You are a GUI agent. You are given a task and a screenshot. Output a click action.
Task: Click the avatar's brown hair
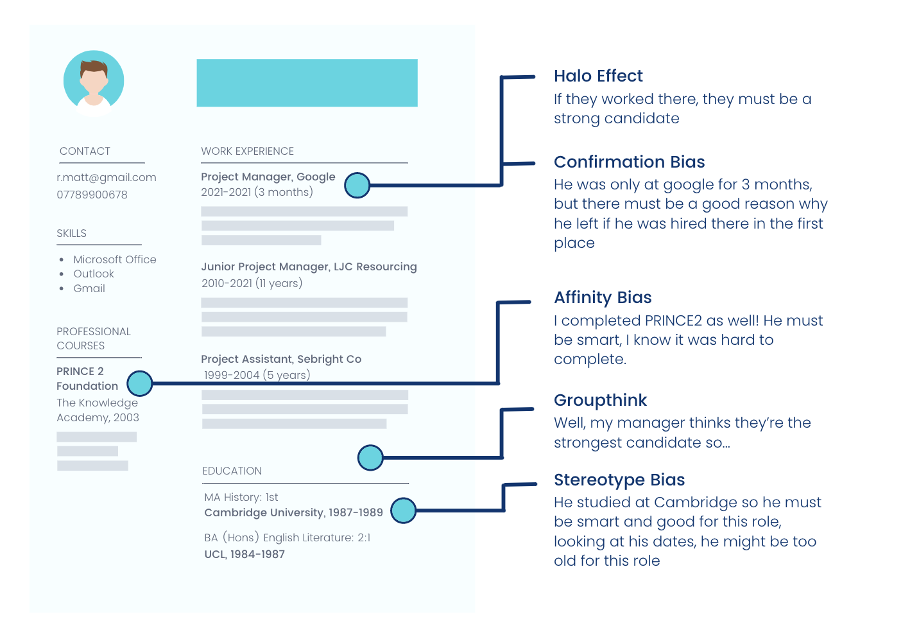pos(94,67)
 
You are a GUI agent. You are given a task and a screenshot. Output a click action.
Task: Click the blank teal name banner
pos(307,83)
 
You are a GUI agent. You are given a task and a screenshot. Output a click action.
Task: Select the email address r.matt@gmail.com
pos(107,177)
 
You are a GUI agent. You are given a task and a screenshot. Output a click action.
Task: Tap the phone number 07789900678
pos(92,195)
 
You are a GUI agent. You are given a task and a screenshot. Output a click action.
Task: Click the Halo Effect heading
pos(598,76)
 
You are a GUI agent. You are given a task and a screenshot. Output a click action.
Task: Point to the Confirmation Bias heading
pos(630,162)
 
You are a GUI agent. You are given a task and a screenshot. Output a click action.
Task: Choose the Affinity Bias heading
pos(603,297)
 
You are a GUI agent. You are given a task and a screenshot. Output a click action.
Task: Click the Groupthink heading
pos(600,400)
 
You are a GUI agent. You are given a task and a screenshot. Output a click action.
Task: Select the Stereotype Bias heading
pos(619,480)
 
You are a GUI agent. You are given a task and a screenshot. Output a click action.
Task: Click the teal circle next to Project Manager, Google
pos(357,185)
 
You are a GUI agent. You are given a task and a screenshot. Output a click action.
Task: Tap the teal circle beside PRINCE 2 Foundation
pos(140,383)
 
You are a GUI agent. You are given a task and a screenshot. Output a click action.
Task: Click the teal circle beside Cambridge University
pos(403,510)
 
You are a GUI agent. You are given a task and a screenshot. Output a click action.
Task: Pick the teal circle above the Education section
pos(370,458)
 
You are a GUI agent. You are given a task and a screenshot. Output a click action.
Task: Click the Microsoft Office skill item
pos(115,259)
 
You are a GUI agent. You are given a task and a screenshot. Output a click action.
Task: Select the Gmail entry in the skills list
pos(89,288)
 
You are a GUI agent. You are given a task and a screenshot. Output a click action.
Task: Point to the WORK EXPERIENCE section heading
pos(247,151)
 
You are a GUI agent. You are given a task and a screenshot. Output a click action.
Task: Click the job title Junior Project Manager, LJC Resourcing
pos(309,266)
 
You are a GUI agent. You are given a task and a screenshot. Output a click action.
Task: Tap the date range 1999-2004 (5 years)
pos(257,375)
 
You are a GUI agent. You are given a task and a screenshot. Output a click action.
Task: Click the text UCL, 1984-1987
pos(245,555)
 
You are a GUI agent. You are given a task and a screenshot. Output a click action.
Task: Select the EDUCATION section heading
pos(232,471)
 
